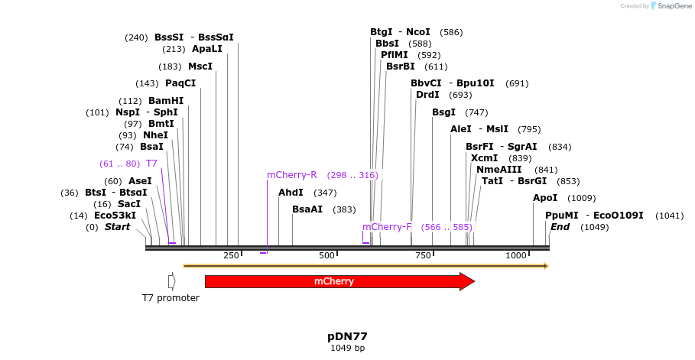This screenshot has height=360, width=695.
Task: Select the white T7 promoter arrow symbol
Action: (x=171, y=281)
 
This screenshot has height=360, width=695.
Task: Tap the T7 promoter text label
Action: (x=171, y=297)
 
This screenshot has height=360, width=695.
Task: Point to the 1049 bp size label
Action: (x=347, y=349)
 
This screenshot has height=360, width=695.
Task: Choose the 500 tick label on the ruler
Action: (x=327, y=255)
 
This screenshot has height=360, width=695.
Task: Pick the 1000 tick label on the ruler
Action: (x=516, y=255)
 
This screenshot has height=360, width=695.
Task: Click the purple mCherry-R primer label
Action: (x=291, y=175)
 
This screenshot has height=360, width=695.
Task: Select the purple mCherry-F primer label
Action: (x=387, y=227)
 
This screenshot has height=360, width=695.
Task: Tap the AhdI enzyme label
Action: (x=291, y=193)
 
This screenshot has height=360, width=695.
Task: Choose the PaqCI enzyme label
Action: (x=180, y=83)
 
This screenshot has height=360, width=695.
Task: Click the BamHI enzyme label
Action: (x=166, y=101)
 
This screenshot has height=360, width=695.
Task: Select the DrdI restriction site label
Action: (x=427, y=95)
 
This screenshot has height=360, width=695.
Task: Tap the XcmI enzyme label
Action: (x=484, y=158)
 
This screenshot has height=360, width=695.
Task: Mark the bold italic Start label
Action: (x=117, y=227)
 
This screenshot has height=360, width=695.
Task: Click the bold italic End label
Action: (x=560, y=227)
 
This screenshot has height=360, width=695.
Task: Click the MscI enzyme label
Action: (x=200, y=66)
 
